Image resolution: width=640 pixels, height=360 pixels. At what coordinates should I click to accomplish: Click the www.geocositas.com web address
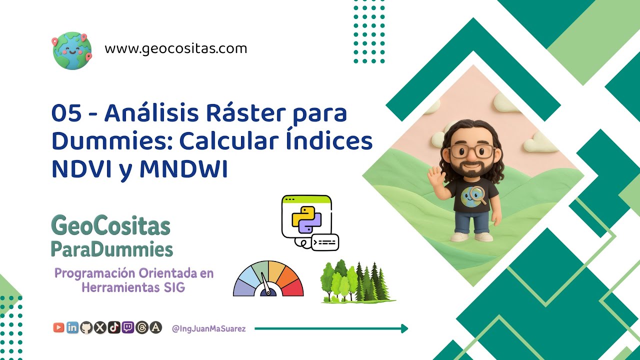176,49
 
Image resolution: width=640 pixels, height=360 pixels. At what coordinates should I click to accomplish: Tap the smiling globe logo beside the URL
72,50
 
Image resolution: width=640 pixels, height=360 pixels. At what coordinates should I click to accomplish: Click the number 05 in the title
66,114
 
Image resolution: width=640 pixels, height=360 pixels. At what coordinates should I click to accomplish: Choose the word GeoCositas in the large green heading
110,227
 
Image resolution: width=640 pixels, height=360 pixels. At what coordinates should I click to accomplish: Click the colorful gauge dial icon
268,278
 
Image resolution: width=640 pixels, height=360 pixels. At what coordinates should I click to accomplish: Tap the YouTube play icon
58,327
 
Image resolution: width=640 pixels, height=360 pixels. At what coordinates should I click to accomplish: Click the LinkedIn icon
72,327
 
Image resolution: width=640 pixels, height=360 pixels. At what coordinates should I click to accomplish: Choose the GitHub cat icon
86,327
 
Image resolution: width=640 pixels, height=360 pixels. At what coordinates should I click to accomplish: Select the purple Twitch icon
128,327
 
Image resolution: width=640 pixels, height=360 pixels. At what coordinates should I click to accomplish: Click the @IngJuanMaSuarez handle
208,329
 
